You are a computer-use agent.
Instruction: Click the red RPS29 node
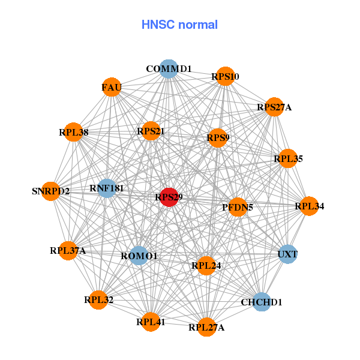click(169, 197)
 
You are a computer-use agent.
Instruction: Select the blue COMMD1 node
click(169, 68)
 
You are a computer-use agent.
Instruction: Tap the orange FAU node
click(112, 88)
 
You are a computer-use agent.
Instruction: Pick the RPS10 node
click(225, 76)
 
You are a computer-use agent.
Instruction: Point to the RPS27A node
click(274, 107)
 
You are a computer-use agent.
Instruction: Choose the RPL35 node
click(289, 158)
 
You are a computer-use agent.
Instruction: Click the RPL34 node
click(310, 206)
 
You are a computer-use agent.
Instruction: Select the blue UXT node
click(287, 254)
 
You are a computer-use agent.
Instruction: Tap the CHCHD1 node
click(262, 302)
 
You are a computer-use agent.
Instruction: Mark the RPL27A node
click(206, 327)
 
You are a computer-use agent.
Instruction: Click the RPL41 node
click(151, 322)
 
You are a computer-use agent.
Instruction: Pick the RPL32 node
click(99, 299)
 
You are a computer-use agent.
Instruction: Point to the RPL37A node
click(68, 250)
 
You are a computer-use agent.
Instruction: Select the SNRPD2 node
click(51, 191)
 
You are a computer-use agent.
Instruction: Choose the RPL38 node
click(74, 132)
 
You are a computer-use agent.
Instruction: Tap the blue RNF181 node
click(107, 188)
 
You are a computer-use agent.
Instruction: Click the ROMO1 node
click(139, 256)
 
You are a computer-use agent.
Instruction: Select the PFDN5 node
click(238, 208)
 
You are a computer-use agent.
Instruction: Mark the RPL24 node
click(206, 265)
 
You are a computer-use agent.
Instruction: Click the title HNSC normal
click(179, 25)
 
